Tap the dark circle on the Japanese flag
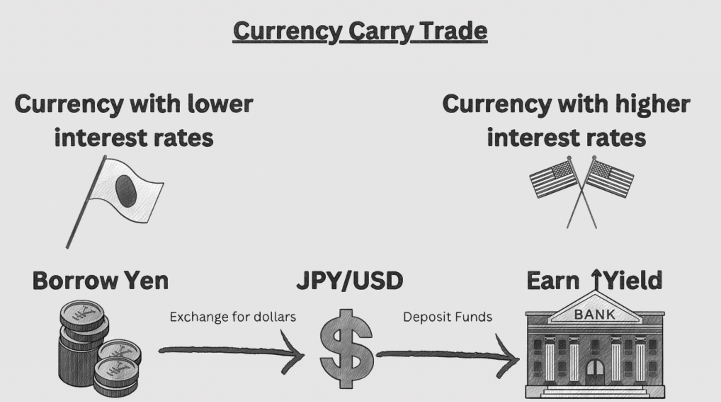[x=126, y=191]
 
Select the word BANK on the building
[x=595, y=314]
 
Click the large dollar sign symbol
[x=346, y=349]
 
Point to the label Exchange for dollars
[x=233, y=317]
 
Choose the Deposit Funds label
[x=448, y=317]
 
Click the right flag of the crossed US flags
[x=610, y=179]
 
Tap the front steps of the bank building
[x=595, y=392]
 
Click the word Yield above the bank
[x=633, y=280]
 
